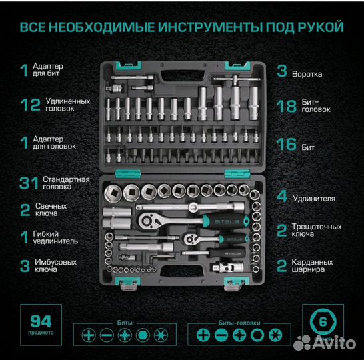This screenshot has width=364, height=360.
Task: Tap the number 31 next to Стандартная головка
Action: coord(27,183)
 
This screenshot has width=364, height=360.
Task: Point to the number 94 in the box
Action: coord(37,318)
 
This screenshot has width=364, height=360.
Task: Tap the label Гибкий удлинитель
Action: coord(63,238)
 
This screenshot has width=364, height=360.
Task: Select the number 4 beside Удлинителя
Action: coord(283,197)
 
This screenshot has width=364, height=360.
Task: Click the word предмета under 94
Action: coord(37,331)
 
